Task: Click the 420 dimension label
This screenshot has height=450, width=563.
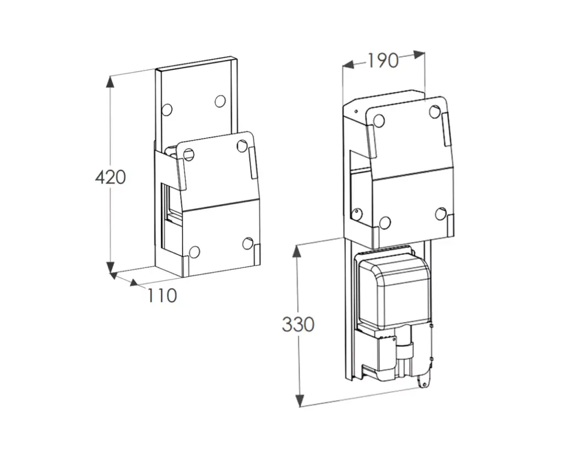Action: point(111,177)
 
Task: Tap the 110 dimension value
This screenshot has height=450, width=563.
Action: point(162,296)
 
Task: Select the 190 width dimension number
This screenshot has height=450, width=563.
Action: point(383,60)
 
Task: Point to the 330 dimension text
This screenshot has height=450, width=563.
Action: point(298,324)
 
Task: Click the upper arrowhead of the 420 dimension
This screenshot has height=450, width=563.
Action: point(110,82)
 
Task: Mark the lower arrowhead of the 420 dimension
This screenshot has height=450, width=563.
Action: point(110,267)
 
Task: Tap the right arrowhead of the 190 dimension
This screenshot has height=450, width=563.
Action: point(420,55)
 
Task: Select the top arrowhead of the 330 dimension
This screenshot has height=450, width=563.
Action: point(296,251)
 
